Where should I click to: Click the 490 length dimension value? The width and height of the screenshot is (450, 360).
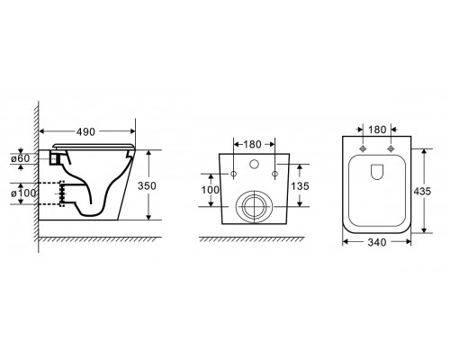click(x=85, y=131)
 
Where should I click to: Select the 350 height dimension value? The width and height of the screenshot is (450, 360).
click(x=147, y=186)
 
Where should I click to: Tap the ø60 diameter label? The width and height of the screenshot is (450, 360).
click(x=21, y=158)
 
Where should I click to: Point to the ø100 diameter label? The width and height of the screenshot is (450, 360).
click(x=23, y=193)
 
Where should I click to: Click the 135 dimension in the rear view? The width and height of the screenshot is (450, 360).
click(x=300, y=186)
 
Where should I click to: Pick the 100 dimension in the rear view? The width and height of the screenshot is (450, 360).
click(x=211, y=190)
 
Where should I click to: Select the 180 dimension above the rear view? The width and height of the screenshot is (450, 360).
click(x=252, y=145)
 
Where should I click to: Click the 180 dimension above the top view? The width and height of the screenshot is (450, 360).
click(x=377, y=130)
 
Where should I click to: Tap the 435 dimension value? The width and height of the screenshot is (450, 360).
click(x=422, y=191)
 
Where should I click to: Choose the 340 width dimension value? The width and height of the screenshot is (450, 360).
click(x=377, y=242)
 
